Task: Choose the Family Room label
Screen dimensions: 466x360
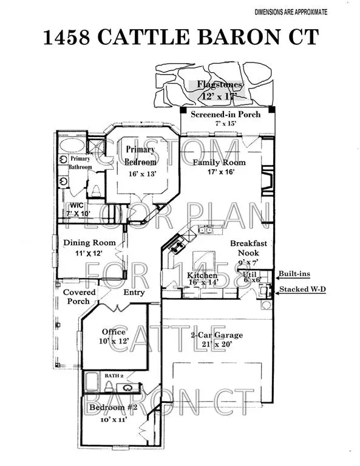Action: [x=219, y=162]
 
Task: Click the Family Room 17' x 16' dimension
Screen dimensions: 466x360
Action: [x=219, y=172]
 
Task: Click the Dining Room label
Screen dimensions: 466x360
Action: [x=90, y=243]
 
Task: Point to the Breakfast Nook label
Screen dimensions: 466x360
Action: [x=248, y=248]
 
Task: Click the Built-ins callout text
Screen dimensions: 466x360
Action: [x=294, y=274]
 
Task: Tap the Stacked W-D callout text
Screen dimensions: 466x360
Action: [x=302, y=289]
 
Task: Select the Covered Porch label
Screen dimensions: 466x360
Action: [x=80, y=297]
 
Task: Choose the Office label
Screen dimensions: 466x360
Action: [x=114, y=332]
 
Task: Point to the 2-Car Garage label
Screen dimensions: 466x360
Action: [x=217, y=335]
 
